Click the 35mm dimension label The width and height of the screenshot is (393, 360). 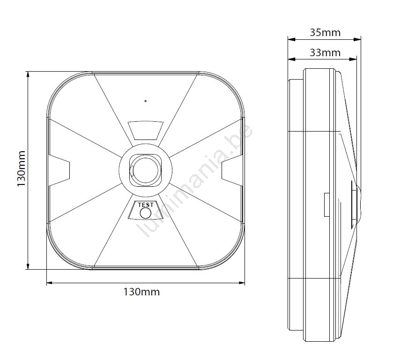pyautogui.click(x=325, y=33)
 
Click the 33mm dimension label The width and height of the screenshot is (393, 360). pyautogui.click(x=325, y=52)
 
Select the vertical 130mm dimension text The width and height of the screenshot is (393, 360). pyautogui.click(x=21, y=169)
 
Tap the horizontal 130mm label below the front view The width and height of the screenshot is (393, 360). pyautogui.click(x=141, y=292)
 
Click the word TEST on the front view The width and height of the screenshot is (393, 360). pyautogui.click(x=146, y=205)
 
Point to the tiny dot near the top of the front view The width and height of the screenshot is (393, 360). pyautogui.click(x=145, y=101)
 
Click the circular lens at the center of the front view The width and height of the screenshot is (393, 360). pyautogui.click(x=146, y=170)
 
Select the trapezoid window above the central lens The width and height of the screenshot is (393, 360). pyautogui.click(x=146, y=130)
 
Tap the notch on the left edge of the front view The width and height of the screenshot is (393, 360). pyautogui.click(x=59, y=170)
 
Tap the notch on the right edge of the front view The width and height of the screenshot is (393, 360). pyautogui.click(x=232, y=170)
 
